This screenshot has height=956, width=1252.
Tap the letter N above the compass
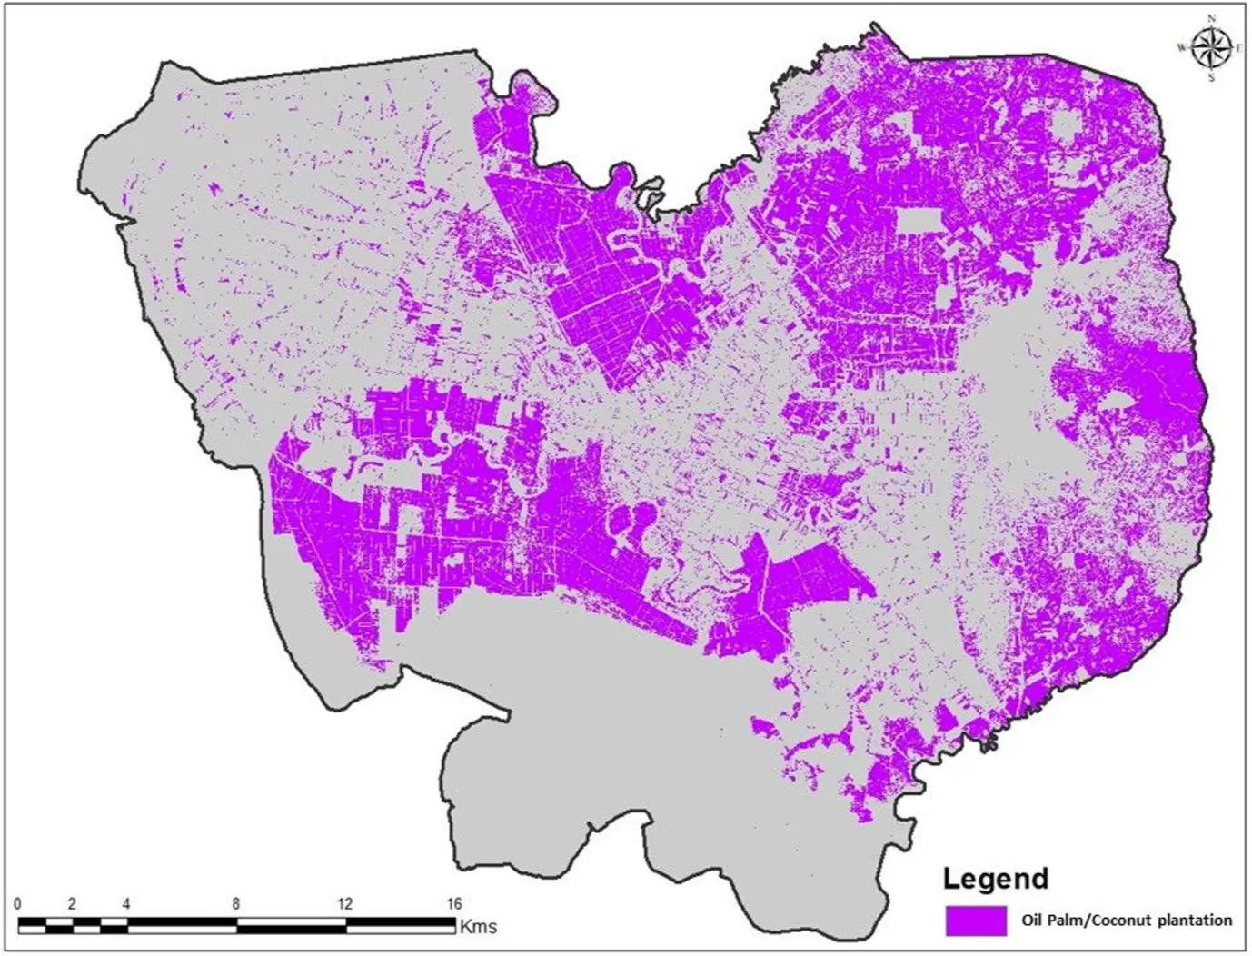pyautogui.click(x=1211, y=18)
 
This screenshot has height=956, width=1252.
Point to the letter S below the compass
pyautogui.click(x=1211, y=77)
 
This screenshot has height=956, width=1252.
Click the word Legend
pyautogui.click(x=995, y=879)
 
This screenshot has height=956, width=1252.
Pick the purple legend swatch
pyautogui.click(x=976, y=921)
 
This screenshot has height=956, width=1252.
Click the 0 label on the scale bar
pyautogui.click(x=18, y=904)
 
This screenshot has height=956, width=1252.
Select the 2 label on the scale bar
pyautogui.click(x=72, y=904)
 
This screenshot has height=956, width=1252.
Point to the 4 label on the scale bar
pyautogui.click(x=126, y=904)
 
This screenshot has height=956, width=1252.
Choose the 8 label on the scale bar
pyautogui.click(x=236, y=904)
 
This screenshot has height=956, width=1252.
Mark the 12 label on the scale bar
pyautogui.click(x=344, y=904)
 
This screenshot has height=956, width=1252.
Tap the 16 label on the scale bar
pyautogui.click(x=453, y=904)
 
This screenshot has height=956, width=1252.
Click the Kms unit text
pyautogui.click(x=478, y=926)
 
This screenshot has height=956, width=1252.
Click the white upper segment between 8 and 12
pyautogui.click(x=291, y=921)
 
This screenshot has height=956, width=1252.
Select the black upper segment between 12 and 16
pyautogui.click(x=400, y=921)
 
